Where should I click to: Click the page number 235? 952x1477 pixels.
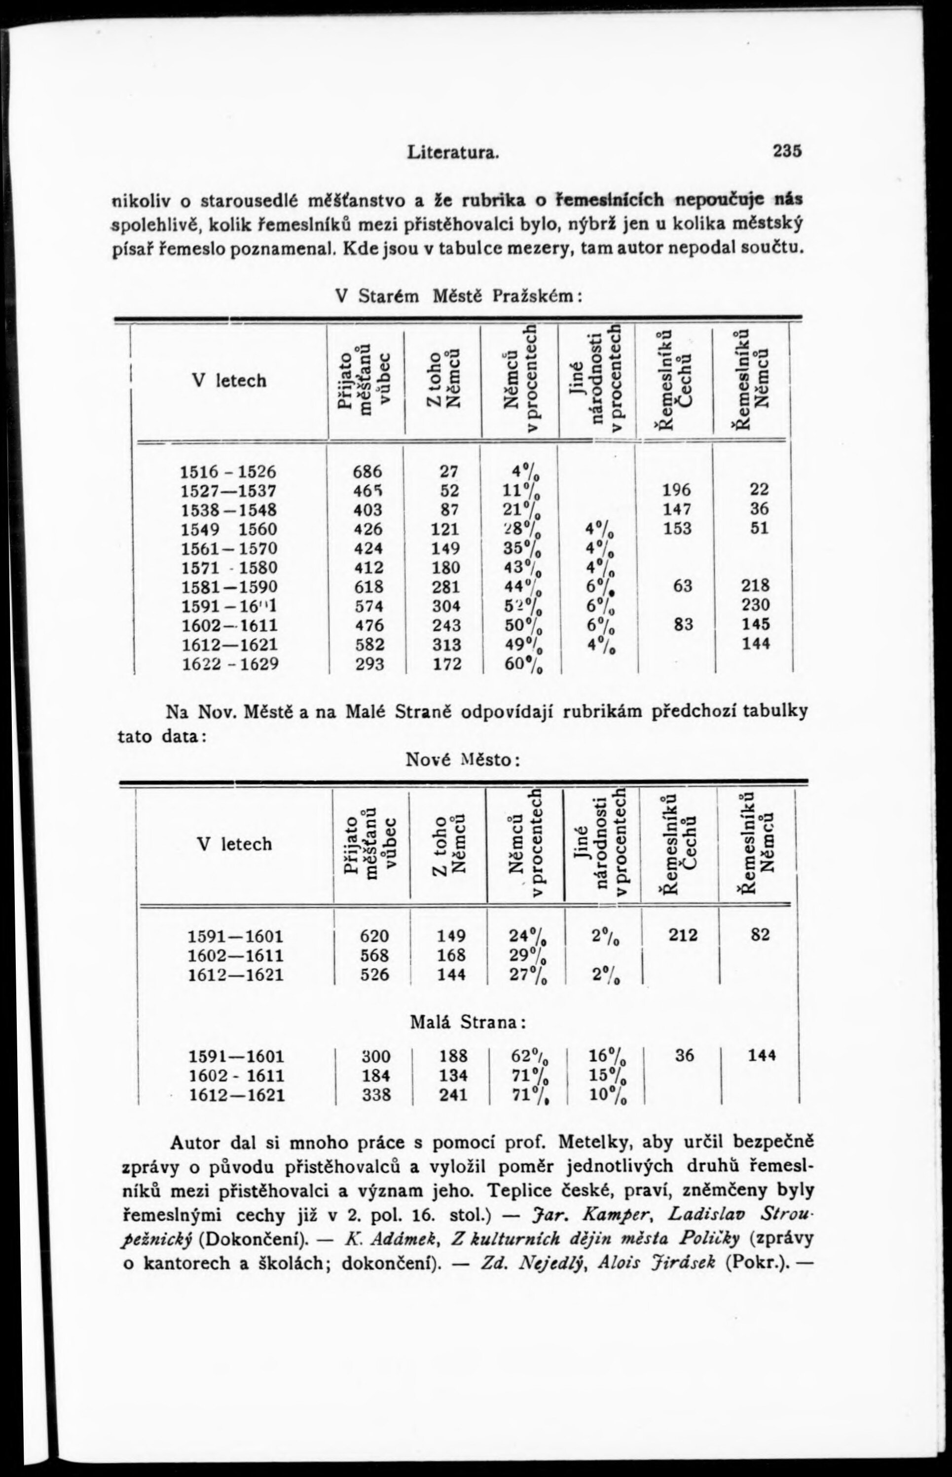786,151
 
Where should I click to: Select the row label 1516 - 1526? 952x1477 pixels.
227,471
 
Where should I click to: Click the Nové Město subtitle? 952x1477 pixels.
461,758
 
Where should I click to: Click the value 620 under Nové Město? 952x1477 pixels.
374,935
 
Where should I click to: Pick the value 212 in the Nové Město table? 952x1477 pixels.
683,935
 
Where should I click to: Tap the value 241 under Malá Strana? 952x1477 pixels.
453,1095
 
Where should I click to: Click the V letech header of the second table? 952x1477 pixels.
234,844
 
